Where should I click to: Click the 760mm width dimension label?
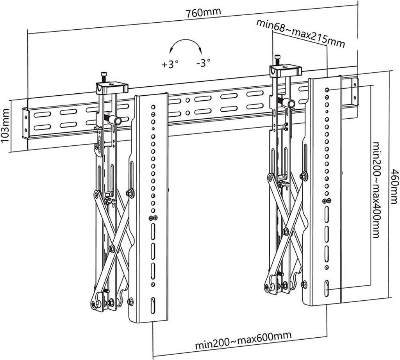(x=203, y=13)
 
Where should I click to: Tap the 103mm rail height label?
(x=5, y=126)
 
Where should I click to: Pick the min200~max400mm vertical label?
(x=376, y=190)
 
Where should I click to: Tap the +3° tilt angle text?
(x=170, y=64)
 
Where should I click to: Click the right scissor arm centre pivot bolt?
(x=286, y=232)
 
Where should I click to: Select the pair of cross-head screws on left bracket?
(x=153, y=218)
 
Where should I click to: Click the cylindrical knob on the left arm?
(x=116, y=120)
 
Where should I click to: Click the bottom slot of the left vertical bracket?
(x=153, y=305)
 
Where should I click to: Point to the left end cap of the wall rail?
(x=25, y=124)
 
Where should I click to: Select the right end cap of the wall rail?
(x=355, y=91)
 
